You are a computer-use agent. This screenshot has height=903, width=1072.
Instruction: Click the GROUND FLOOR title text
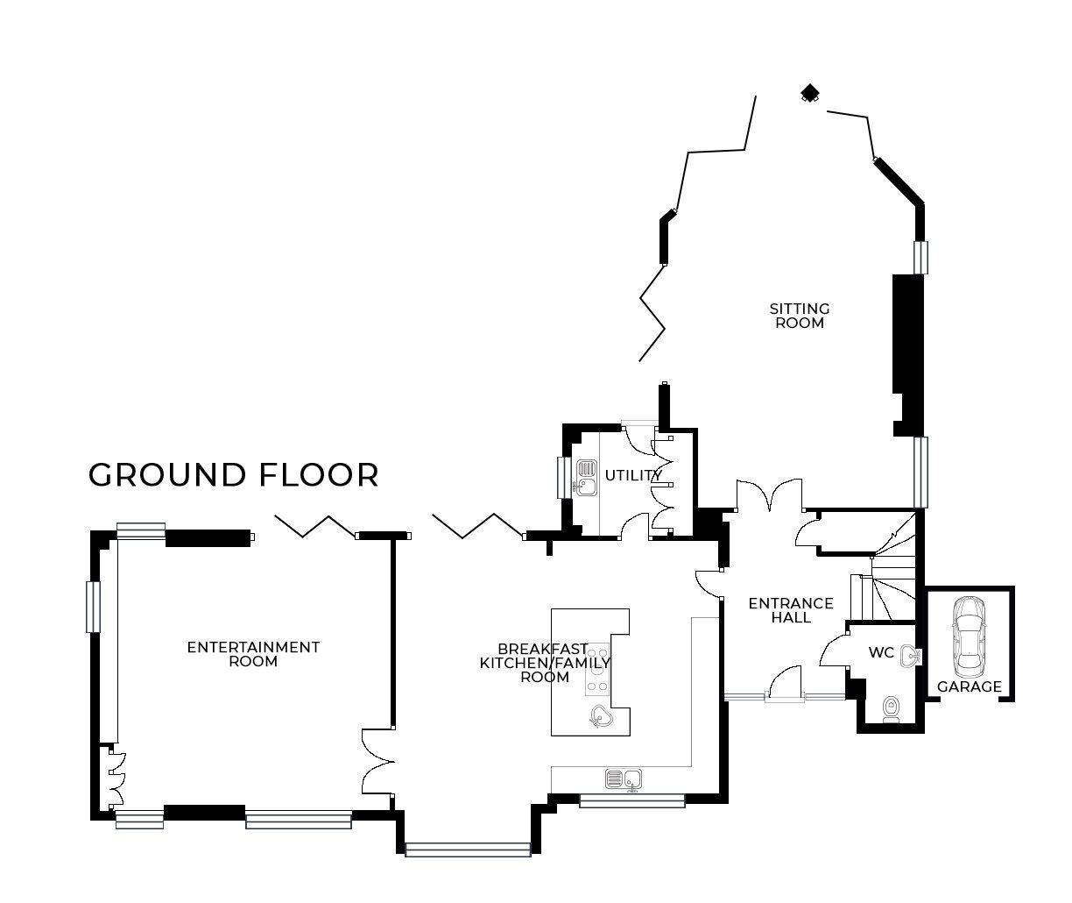(x=233, y=475)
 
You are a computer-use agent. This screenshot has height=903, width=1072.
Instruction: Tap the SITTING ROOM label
(x=799, y=316)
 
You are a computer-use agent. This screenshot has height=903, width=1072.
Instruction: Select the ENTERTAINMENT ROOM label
(x=253, y=654)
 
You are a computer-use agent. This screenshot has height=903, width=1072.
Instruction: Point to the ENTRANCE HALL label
(x=790, y=610)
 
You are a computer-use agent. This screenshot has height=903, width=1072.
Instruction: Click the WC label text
(x=880, y=653)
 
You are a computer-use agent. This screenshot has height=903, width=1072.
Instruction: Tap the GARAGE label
(x=969, y=686)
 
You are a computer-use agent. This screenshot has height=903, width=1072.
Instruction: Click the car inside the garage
(x=969, y=632)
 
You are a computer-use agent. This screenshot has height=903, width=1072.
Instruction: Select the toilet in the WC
(x=891, y=708)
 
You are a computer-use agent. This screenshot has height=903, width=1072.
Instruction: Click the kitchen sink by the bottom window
(x=624, y=778)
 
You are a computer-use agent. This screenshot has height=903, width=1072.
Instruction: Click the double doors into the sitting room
(x=769, y=496)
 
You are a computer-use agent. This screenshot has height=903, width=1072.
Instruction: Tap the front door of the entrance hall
(x=785, y=684)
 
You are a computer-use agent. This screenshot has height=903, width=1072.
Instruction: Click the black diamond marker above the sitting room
(x=811, y=93)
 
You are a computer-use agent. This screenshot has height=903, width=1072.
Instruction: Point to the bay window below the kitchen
(x=468, y=849)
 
